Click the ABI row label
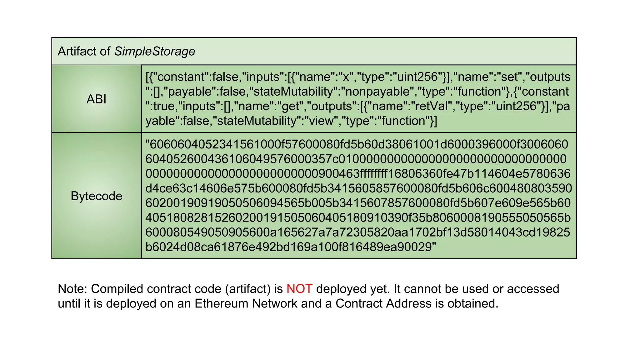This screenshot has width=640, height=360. point(96,99)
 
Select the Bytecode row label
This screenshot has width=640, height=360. point(96,196)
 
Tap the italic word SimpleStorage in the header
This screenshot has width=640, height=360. point(154,51)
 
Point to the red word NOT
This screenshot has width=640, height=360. point(299,289)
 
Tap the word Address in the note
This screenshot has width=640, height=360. point(409,303)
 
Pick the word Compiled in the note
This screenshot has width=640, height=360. point(117,289)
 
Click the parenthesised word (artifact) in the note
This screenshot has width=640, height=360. point(247,289)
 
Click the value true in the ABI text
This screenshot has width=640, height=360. point(164,106)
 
